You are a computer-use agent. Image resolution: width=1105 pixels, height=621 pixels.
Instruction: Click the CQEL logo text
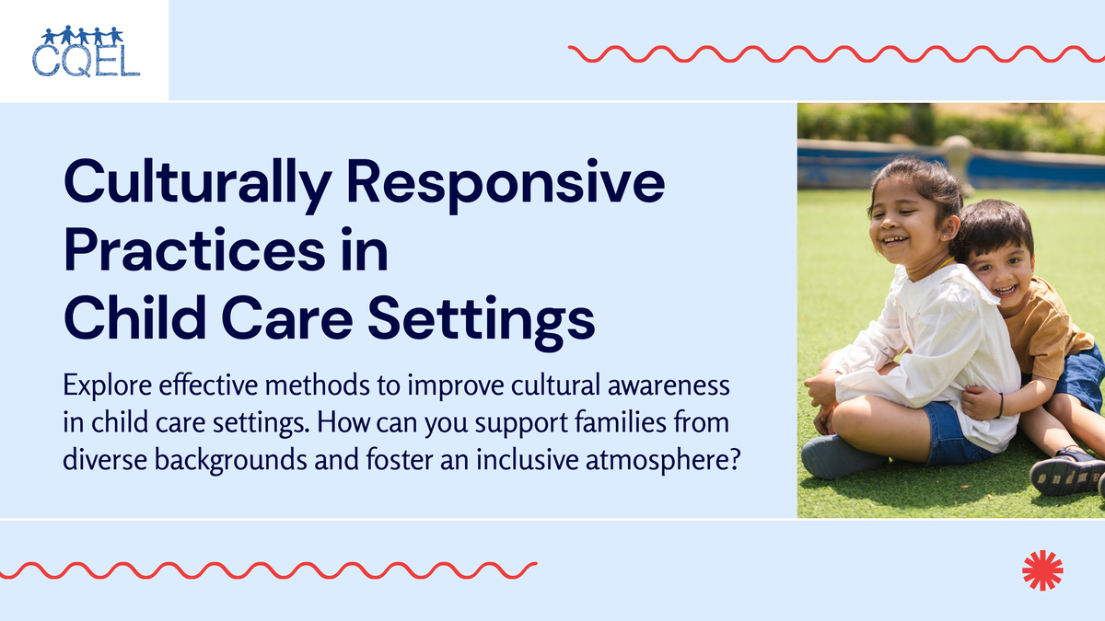[85, 61]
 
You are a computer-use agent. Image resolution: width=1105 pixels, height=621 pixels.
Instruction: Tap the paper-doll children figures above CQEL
[82, 36]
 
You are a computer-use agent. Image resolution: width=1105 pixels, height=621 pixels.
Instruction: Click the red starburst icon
[1042, 569]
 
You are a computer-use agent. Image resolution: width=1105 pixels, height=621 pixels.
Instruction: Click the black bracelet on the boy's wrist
[998, 405]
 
